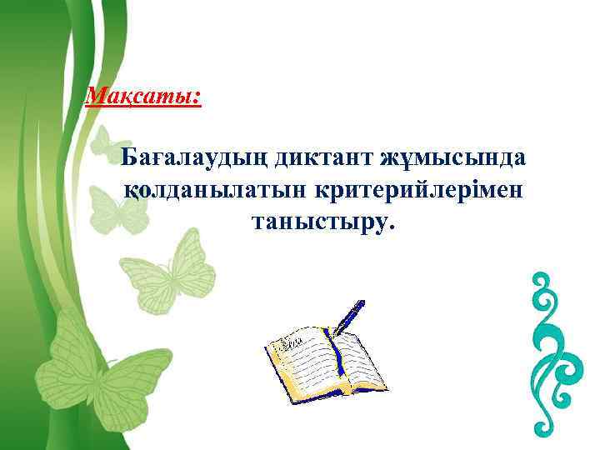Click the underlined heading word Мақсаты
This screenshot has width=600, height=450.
click(142, 96)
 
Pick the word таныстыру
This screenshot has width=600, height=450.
click(317, 222)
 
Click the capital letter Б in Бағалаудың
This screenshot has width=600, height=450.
click(129, 157)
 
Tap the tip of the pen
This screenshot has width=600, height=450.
click(335, 337)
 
